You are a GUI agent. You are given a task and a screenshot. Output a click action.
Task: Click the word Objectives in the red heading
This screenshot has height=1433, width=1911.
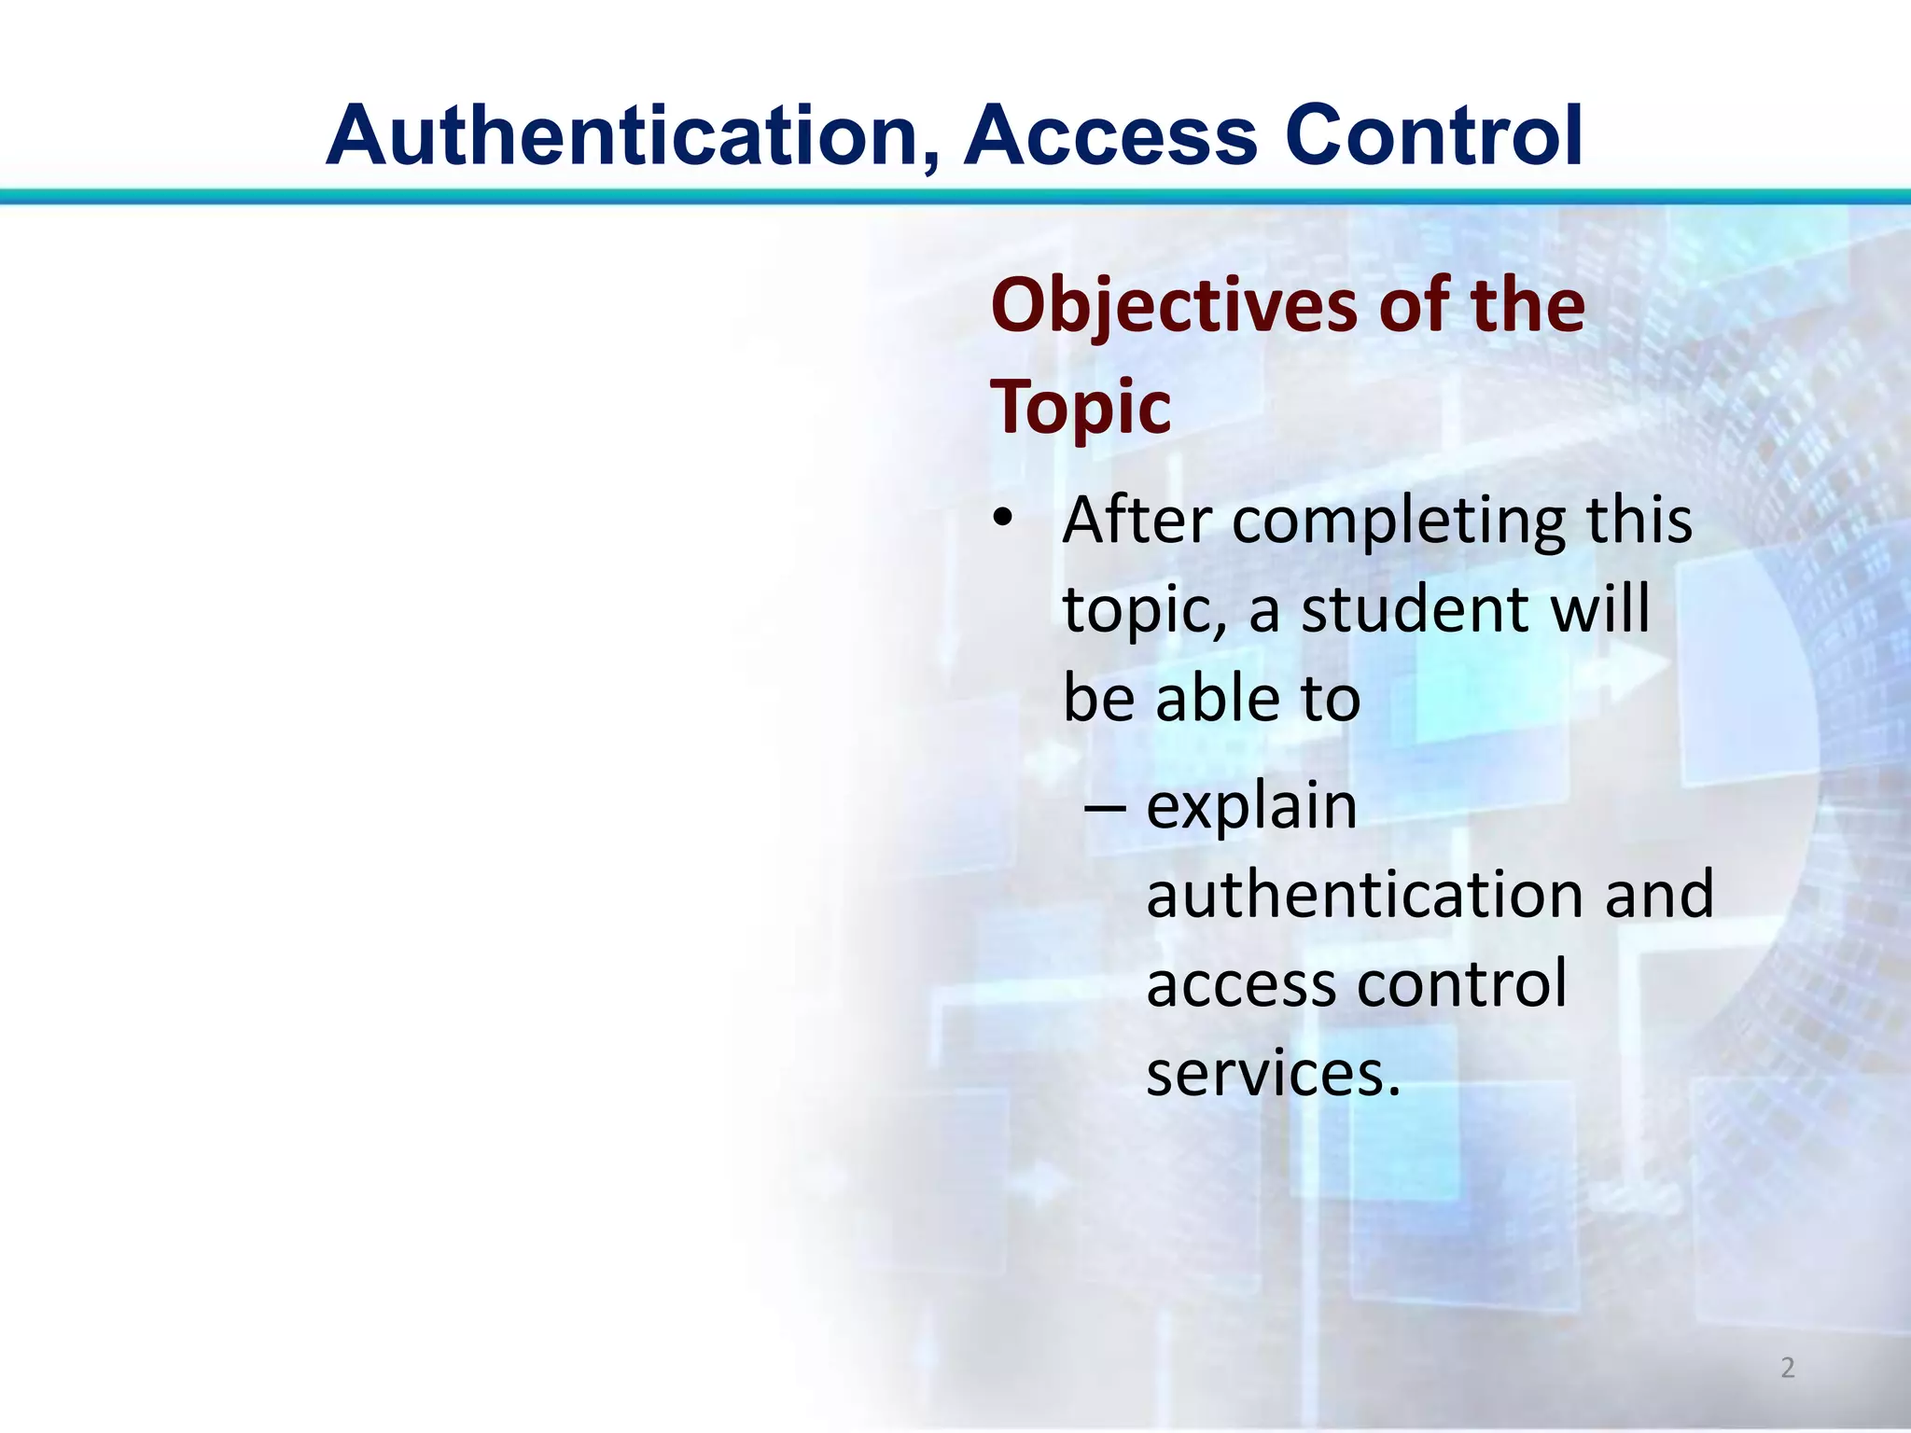pos(1175,308)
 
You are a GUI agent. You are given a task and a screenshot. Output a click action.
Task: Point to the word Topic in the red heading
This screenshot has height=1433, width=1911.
pos(1081,407)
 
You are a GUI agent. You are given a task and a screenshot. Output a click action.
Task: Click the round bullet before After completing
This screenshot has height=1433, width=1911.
pos(1002,519)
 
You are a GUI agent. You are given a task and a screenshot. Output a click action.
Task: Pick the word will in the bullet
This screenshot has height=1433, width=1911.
pos(1600,609)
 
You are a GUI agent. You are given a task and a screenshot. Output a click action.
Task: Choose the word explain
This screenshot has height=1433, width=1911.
pos(1251,808)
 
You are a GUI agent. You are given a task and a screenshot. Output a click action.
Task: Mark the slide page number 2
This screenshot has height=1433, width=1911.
pos(1787,1368)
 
